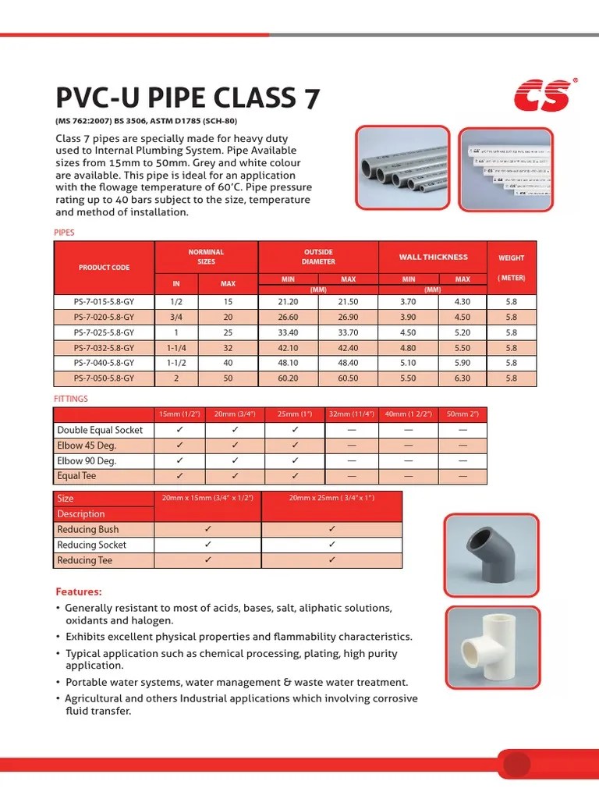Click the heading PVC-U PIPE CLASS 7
(187, 99)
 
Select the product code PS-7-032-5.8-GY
(104, 348)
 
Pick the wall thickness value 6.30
(463, 378)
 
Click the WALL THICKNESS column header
(433, 257)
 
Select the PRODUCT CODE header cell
(104, 268)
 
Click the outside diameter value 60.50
(348, 378)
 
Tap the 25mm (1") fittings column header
(294, 414)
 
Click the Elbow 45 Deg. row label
(87, 445)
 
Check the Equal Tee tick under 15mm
(180, 475)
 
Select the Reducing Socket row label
(91, 545)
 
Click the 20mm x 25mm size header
(331, 498)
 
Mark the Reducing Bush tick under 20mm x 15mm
(207, 529)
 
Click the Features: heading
(79, 591)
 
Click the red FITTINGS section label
(71, 399)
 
